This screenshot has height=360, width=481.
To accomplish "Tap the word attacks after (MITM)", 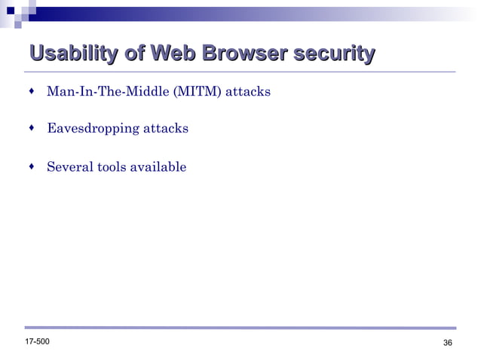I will click(x=248, y=93).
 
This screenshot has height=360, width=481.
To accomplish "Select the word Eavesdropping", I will click(x=93, y=129).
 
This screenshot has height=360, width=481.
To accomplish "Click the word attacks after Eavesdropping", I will click(x=166, y=129).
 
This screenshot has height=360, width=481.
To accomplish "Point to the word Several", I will click(x=70, y=166).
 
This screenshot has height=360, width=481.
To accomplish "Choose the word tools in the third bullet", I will click(x=113, y=166).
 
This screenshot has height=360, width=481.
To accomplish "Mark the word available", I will click(x=158, y=166).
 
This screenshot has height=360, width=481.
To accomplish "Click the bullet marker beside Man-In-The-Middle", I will click(x=31, y=92).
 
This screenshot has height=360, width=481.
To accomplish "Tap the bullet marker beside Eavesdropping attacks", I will click(x=31, y=128).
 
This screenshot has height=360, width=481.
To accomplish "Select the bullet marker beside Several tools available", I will click(x=31, y=166).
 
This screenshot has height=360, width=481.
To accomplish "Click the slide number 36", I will click(x=448, y=344).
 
